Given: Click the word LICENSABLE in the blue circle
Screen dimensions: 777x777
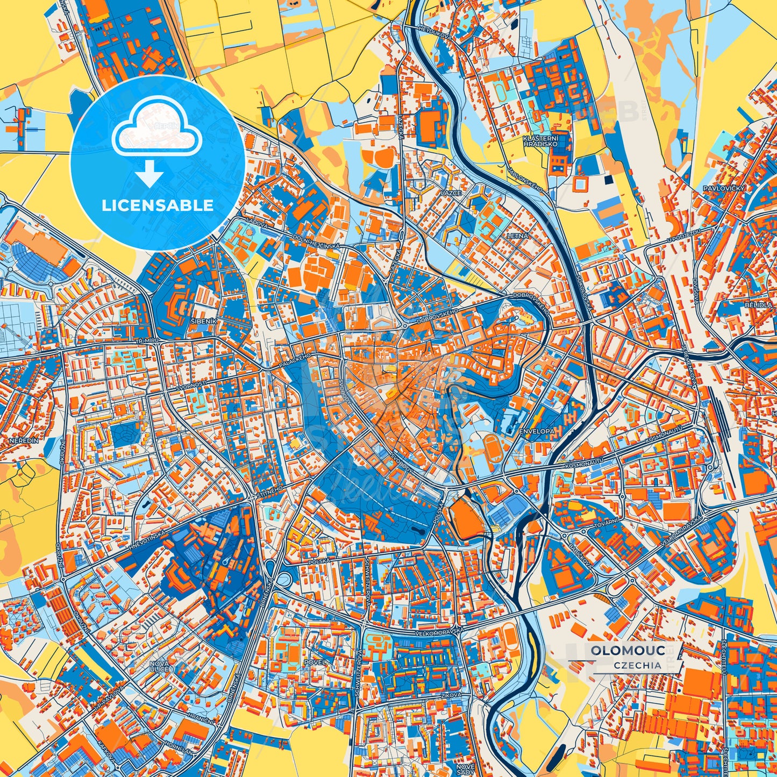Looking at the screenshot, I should (158, 205).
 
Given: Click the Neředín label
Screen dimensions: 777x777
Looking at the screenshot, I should (24, 440).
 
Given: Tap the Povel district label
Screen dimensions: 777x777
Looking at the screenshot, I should (314, 662).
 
